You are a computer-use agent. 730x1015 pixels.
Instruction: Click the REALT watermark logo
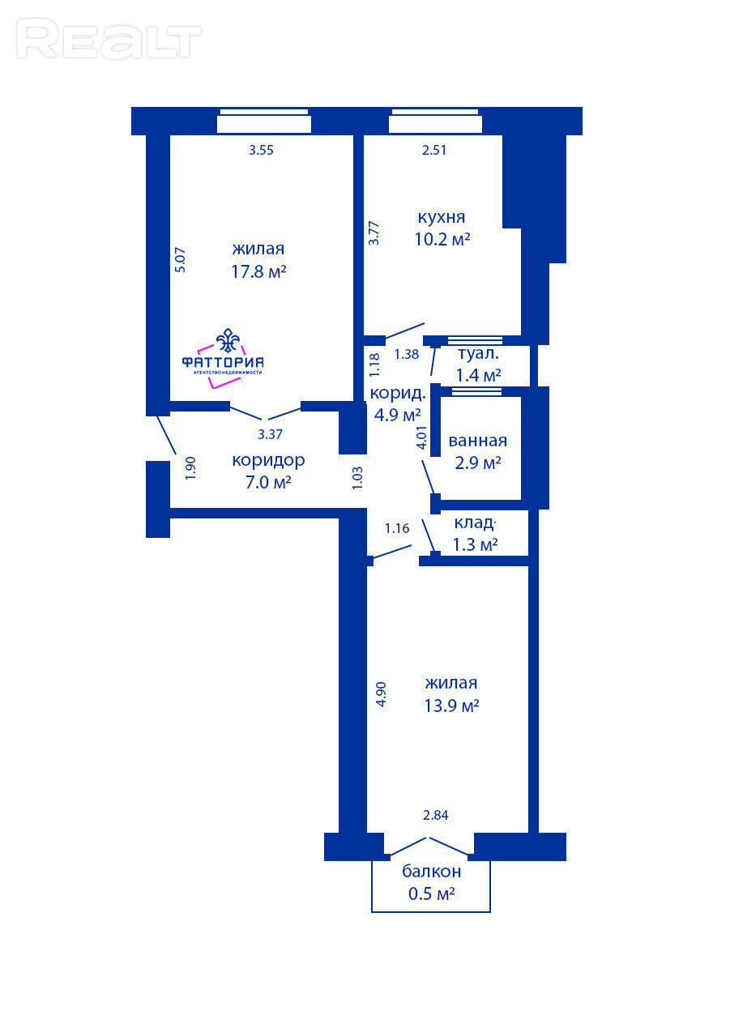coord(109,39)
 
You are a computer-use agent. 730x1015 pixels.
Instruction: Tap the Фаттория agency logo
coord(223,358)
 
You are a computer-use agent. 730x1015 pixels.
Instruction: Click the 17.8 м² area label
coord(258,272)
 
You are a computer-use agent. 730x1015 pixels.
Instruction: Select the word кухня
coord(442,218)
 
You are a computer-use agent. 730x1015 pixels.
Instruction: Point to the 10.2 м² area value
coord(442,239)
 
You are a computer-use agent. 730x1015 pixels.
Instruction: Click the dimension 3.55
coord(261,150)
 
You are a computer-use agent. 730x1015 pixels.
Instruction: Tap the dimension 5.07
coord(181,260)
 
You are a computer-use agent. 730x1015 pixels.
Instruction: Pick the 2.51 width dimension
coord(434,150)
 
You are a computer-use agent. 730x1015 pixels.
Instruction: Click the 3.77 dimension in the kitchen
coord(374,233)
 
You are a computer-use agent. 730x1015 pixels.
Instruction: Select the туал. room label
coord(478,353)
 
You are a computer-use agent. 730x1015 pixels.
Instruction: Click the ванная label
coord(477,441)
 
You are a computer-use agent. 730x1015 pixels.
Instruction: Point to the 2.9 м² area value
coord(477,463)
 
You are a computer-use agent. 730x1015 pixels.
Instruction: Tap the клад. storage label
coord(476,522)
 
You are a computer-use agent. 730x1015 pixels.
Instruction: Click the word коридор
coord(268,461)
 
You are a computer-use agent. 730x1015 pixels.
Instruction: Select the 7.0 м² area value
coord(268,483)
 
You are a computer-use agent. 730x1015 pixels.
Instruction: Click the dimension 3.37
coord(270,434)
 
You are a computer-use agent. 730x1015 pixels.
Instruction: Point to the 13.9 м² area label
coord(451,706)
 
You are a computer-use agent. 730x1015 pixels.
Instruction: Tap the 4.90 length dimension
coord(382,694)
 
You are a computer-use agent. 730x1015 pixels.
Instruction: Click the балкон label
coord(431,872)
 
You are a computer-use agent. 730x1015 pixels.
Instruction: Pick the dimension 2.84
coord(435,815)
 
